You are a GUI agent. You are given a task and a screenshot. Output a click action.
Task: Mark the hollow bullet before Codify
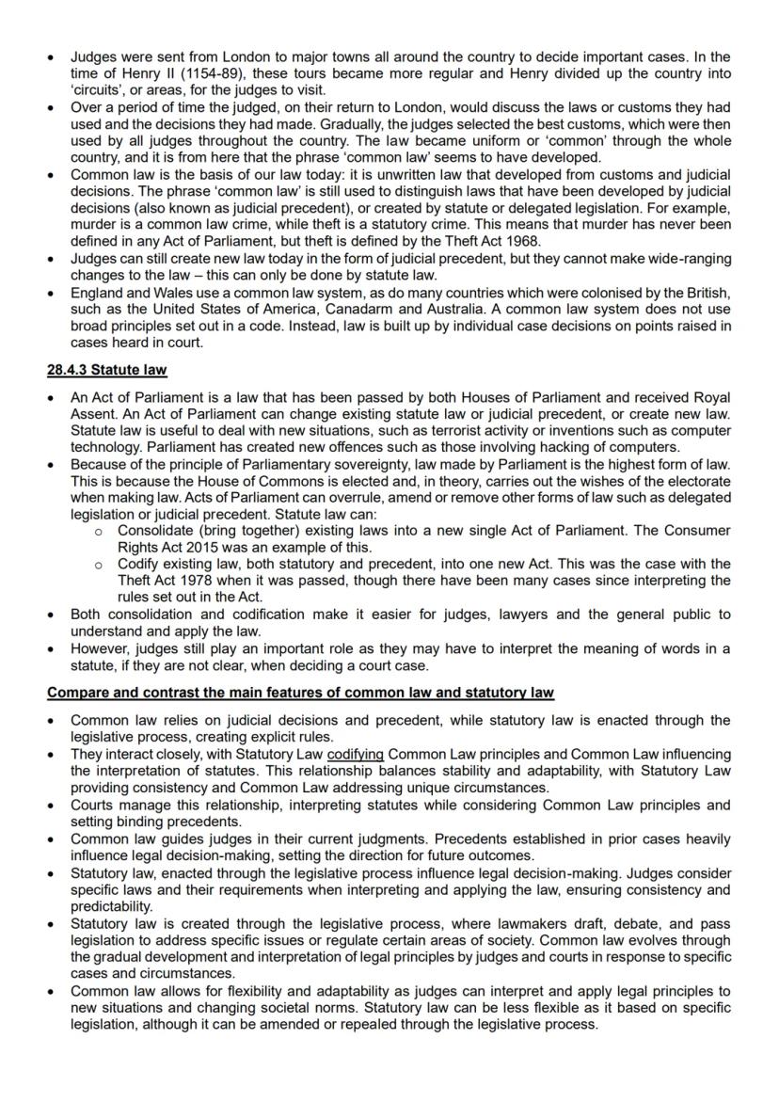[99, 565]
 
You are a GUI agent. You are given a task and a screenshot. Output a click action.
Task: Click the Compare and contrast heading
[300, 693]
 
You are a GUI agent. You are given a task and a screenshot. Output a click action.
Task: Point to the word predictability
[112, 906]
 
